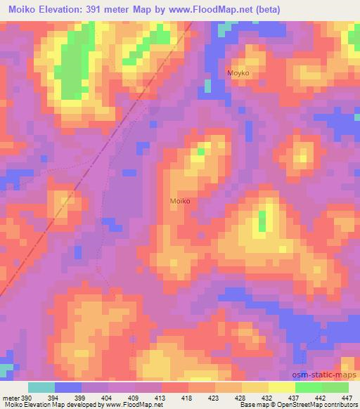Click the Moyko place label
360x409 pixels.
[x=238, y=73]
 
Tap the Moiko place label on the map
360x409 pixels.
[x=180, y=201]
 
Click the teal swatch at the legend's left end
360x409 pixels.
[x=41, y=387]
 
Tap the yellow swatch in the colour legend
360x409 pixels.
[x=281, y=387]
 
